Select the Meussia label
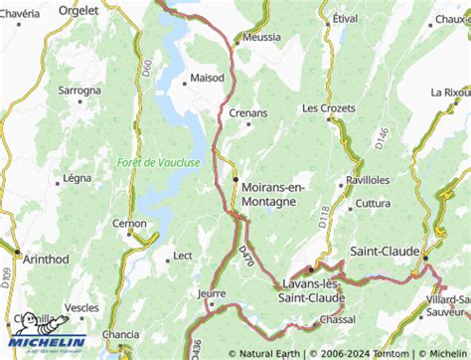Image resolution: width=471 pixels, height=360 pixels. [x=262, y=37]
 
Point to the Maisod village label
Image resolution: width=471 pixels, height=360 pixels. [x=208, y=77]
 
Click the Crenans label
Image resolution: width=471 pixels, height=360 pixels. [x=248, y=113]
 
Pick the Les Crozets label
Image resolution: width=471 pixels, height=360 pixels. [x=327, y=107]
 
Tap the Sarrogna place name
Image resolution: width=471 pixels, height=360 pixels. [x=79, y=90]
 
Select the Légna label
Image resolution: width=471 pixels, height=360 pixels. [x=77, y=179]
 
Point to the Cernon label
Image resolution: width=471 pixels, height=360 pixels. [x=130, y=224]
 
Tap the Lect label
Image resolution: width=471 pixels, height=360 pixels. [x=183, y=256]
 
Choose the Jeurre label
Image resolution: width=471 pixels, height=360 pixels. [x=212, y=294]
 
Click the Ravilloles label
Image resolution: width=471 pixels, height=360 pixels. [x=368, y=181]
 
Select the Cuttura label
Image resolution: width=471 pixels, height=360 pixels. [x=374, y=204]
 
